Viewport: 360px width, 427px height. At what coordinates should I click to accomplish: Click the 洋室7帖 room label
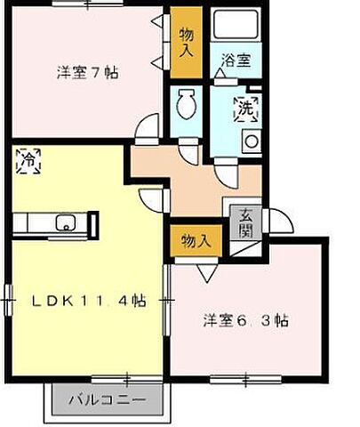coord(88,74)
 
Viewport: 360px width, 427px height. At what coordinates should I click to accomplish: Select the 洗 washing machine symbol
coord(244,107)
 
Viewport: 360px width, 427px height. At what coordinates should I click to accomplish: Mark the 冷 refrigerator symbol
coord(28,162)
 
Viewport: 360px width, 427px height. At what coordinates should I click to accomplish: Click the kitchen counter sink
coord(65,222)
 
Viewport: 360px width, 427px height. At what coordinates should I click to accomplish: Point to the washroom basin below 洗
coord(252,141)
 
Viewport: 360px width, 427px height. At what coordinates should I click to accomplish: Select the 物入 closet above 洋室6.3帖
coord(195,240)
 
